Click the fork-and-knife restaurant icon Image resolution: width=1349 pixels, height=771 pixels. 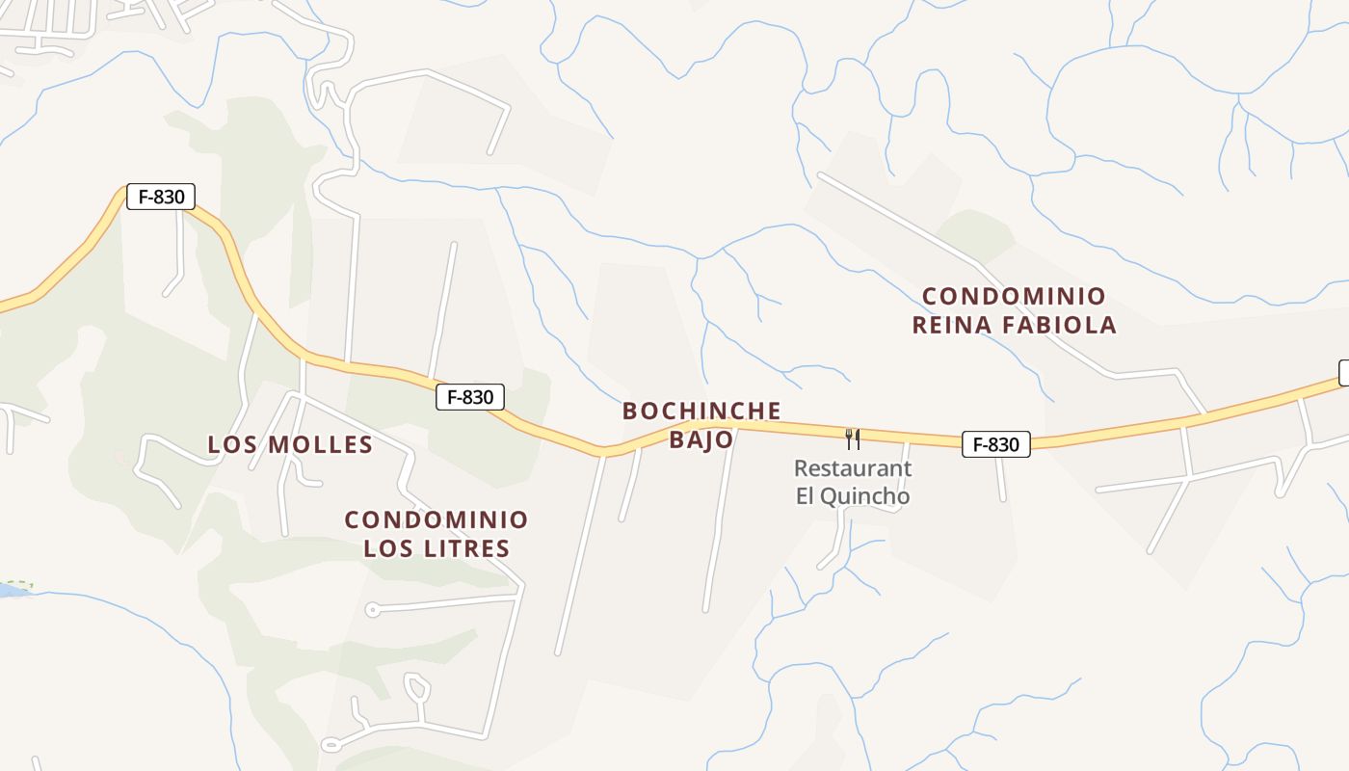pos(853,439)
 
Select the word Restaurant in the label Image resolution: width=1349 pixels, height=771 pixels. pos(853,468)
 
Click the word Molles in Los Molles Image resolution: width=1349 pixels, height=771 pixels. pos(320,444)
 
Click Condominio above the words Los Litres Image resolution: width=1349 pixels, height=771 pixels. pos(436,520)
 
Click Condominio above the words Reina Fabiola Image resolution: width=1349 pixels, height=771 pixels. pos(1015,296)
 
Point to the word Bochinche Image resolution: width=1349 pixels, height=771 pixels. pos(701,412)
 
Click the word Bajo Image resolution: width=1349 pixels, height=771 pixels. pos(701,440)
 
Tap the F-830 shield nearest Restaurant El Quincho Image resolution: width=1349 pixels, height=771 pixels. pos(996,444)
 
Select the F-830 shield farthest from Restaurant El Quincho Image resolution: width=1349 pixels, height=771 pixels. pos(161,197)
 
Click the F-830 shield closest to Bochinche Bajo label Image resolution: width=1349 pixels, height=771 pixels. pos(470,396)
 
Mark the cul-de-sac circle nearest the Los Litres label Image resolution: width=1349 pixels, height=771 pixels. pos(373,609)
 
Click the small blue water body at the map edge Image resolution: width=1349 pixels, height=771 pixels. pos(10,590)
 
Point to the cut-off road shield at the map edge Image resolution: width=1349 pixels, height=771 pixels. pos(1343,373)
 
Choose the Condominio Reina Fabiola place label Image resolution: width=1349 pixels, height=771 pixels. pos(1015,310)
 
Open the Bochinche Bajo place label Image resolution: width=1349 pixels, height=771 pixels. pos(701,425)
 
